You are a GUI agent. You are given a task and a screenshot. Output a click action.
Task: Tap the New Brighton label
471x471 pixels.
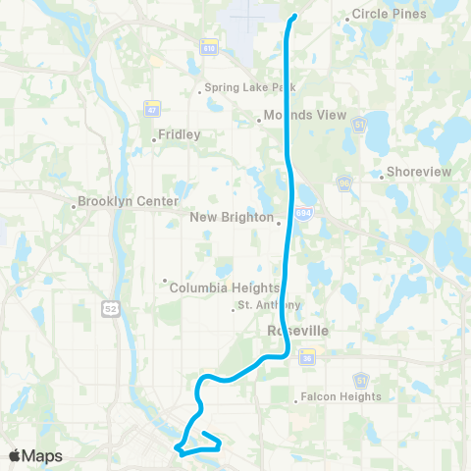coord(232,217)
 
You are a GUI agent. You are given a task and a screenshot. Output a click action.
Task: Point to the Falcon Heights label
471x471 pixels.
coord(342,396)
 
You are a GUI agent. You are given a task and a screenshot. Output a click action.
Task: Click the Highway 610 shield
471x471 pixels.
coord(209,47)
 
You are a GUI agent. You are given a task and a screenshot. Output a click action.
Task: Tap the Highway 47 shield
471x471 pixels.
coord(150,107)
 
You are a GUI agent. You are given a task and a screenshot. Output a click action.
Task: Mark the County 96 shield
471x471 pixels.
coord(344,183)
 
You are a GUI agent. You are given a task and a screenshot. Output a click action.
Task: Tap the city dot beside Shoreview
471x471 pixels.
coord(381,178)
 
